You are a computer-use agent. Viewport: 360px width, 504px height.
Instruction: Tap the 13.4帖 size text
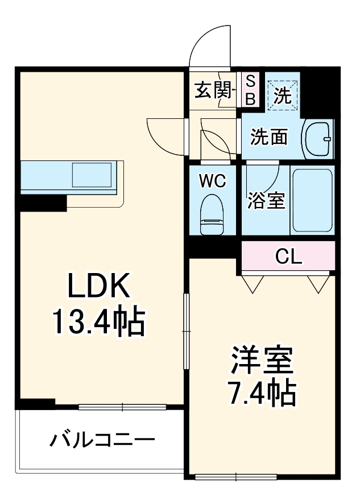tap(100, 321)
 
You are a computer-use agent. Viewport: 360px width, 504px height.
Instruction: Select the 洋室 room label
tap(262, 360)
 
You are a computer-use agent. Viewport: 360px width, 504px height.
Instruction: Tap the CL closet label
tap(288, 257)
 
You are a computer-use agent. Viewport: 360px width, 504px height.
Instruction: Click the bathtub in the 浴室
tap(312, 199)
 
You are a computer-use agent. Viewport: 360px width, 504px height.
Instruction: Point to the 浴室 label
tap(266, 200)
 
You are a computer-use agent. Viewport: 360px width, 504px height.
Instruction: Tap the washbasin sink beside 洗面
tap(318, 138)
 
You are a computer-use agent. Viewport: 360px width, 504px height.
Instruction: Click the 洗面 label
tap(270, 137)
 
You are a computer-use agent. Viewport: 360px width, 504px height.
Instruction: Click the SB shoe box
tap(250, 90)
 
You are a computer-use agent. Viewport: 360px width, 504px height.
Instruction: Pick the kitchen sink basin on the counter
tap(91, 174)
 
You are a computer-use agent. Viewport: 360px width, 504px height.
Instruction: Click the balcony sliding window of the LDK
tap(122, 406)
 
